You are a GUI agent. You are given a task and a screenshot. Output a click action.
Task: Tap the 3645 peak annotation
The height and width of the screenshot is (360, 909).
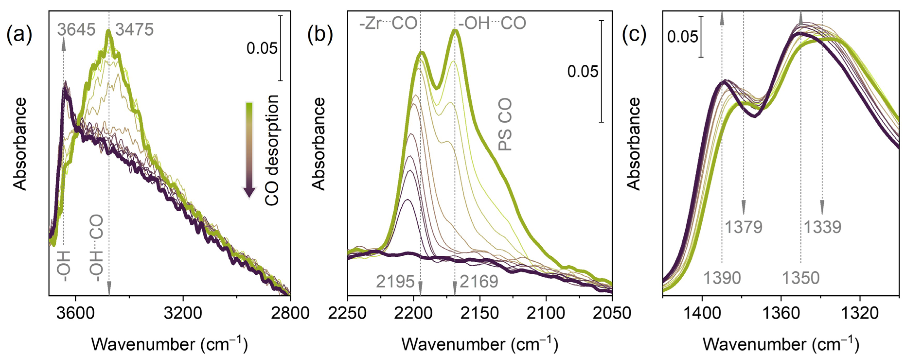tap(77, 29)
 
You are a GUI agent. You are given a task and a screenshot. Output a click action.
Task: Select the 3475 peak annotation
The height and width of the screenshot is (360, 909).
tap(134, 29)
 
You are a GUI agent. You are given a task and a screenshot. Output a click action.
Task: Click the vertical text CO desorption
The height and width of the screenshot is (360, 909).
tap(272, 150)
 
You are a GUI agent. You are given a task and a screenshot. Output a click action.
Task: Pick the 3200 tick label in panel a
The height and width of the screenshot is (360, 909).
tap(183, 313)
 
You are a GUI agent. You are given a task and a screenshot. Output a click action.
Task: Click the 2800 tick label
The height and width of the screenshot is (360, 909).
tap(290, 313)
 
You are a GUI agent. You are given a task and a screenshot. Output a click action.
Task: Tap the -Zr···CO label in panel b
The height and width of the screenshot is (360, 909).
tap(388, 23)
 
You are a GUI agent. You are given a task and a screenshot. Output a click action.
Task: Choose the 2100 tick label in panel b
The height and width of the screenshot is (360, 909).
tap(546, 313)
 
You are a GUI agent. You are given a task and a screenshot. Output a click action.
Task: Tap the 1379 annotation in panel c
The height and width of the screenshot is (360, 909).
tap(743, 227)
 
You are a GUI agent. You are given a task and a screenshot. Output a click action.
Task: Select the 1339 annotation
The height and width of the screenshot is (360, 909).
tap(822, 227)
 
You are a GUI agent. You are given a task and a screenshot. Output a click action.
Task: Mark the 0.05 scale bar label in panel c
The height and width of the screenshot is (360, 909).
tap(682, 37)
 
